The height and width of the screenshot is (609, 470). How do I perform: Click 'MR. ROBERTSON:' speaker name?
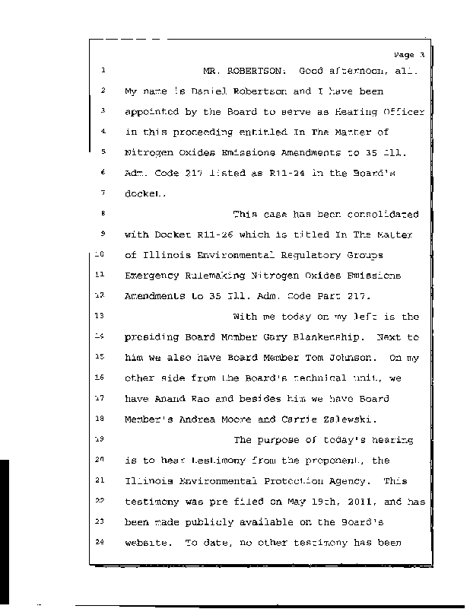pyautogui.click(x=245, y=72)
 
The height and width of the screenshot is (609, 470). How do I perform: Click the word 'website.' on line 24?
pyautogui.click(x=148, y=542)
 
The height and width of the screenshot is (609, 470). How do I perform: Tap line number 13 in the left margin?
pyautogui.click(x=102, y=315)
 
